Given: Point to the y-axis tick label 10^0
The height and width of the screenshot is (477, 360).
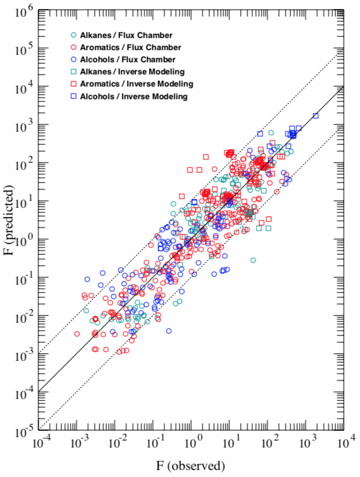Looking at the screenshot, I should pos(26,240).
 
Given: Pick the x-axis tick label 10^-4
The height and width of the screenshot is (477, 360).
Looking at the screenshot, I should pos(41,444).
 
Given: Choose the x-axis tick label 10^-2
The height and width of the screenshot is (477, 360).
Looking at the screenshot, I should pos(117,444).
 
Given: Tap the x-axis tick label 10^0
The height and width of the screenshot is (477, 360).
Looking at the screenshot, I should pos(194,444).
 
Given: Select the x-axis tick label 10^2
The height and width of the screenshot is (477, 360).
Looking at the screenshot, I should pos(269,444).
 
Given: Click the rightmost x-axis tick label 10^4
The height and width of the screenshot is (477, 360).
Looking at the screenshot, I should pos(346,444).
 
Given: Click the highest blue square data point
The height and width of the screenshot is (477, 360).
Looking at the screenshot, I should pos(316,116).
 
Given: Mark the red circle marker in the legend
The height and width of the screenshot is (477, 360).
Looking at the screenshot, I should pos(73,47).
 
